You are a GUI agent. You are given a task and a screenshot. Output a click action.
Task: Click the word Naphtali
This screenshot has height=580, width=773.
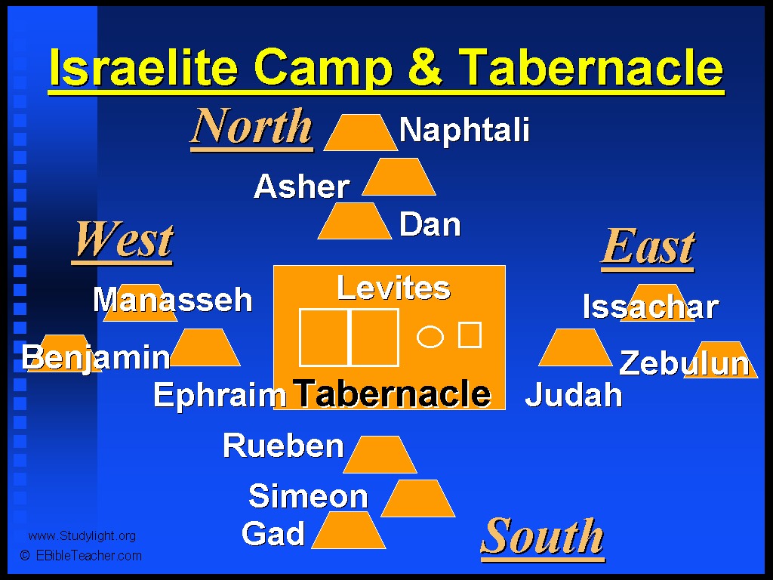464,131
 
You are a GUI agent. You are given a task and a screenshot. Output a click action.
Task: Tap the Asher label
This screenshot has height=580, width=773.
302,187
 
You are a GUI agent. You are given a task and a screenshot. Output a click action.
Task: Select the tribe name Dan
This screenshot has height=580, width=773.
430,224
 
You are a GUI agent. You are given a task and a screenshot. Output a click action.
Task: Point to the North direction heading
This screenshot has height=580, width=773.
251,126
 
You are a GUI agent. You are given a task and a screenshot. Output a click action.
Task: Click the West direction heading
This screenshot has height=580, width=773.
123,240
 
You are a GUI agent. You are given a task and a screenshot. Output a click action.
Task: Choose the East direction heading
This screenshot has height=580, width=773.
648,247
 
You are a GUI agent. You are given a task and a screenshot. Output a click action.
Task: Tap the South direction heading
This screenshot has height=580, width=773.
542,538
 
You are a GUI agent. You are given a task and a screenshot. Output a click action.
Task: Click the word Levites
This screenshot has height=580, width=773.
393,288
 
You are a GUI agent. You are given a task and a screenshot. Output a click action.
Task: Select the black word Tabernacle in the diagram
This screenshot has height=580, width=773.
392,393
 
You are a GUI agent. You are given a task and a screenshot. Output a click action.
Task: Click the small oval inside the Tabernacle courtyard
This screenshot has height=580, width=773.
430,337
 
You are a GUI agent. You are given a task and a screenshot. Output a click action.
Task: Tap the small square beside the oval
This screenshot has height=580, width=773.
470,335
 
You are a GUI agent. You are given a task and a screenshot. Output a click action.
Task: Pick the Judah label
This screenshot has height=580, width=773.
574,394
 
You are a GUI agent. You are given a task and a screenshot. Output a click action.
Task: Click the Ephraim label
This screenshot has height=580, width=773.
220,395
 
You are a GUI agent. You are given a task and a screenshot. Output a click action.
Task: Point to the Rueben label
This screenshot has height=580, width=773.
283,446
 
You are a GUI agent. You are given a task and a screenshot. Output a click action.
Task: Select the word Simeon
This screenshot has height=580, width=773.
308,495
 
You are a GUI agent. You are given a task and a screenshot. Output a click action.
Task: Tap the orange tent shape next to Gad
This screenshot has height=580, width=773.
349,530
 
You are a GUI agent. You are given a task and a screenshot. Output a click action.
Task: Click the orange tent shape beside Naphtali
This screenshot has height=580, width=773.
360,133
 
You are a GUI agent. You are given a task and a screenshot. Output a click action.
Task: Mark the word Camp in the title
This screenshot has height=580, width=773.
323,68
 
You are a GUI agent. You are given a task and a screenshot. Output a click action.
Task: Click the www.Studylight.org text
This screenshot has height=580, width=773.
82,536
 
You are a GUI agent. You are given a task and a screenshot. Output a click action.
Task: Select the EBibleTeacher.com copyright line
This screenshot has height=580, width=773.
81,556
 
